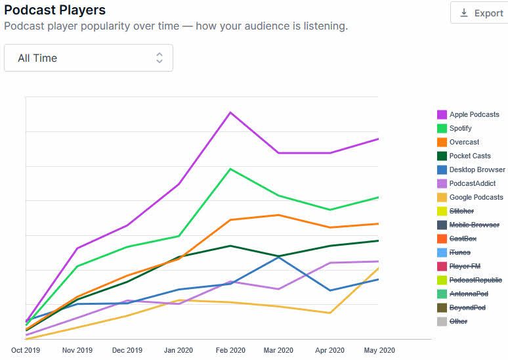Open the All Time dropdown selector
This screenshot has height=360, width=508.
(89, 58)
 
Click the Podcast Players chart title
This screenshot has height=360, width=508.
(54, 11)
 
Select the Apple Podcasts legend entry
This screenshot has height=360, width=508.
(474, 114)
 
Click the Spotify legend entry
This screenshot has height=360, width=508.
(465, 128)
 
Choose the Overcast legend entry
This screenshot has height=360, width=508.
(464, 142)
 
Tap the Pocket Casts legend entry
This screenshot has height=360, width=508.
(470, 156)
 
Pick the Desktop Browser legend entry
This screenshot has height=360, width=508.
(477, 169)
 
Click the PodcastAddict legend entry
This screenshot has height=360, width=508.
(472, 183)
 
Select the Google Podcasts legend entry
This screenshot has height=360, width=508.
(476, 197)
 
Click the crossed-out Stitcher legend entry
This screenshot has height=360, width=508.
(461, 211)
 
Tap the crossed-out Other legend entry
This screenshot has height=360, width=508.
(458, 321)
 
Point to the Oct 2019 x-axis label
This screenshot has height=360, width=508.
(26, 350)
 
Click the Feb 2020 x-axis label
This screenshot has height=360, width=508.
(230, 350)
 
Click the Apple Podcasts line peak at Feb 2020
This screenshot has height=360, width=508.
(230, 112)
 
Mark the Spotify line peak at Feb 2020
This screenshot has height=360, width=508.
(230, 169)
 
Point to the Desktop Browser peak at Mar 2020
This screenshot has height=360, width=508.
(280, 256)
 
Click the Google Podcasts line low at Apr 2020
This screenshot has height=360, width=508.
(329, 313)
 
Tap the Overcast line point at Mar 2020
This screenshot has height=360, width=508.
(280, 215)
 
